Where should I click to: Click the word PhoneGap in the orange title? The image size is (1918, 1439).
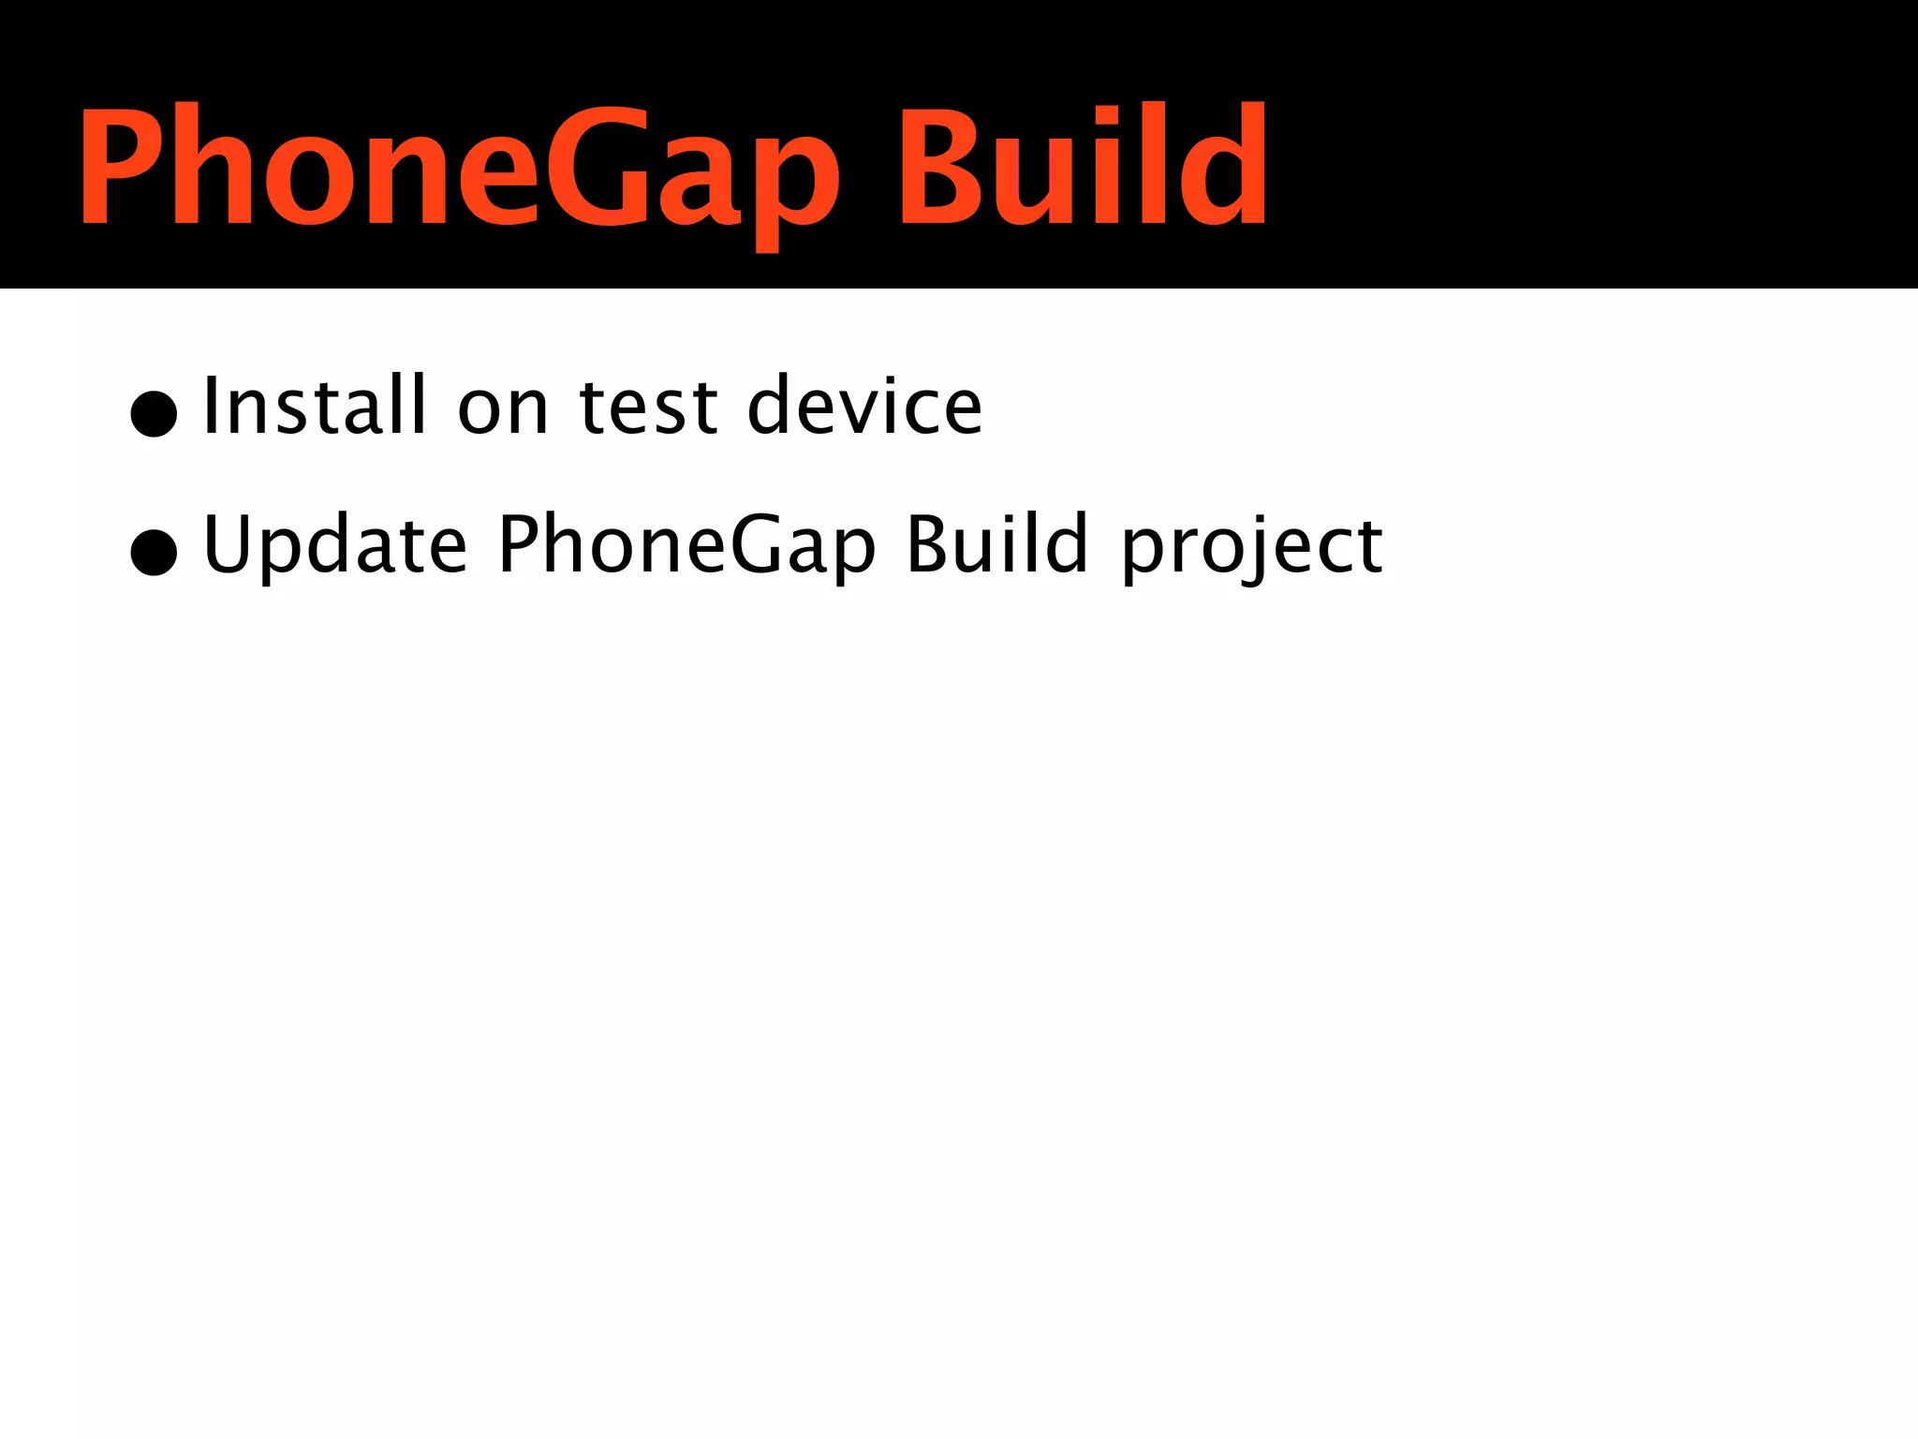[x=459, y=169]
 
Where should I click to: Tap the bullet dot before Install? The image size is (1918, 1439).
[x=155, y=413]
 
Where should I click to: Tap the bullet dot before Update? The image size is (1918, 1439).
[x=155, y=552]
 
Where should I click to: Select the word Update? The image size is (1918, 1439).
[x=334, y=545]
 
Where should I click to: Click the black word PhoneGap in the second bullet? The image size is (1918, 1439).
[x=686, y=545]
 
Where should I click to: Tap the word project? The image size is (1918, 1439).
[x=1252, y=547]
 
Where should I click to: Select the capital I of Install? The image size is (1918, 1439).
[x=211, y=405]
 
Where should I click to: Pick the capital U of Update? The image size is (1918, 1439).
[x=229, y=543]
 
